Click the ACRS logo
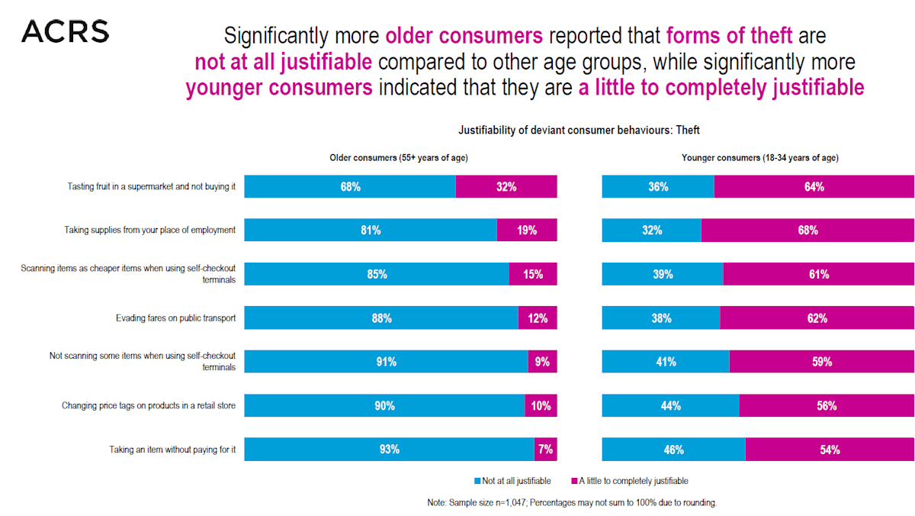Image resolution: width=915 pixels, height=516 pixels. pos(65,31)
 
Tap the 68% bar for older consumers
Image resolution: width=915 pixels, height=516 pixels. pos(350,186)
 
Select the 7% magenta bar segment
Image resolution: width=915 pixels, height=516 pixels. pos(545,450)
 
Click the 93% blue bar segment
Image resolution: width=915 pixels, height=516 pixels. pos(389,450)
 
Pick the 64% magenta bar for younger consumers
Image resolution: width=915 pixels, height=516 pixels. pos(814,186)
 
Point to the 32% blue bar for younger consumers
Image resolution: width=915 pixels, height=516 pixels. pos(651,230)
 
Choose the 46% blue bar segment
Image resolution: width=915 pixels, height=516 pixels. pos(673,450)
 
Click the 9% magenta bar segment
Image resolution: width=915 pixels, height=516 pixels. pos(542,362)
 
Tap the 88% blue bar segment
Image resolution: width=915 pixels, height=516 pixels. pos(381,318)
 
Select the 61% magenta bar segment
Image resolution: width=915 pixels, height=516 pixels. pos(818,274)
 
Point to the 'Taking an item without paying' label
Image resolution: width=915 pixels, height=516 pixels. pos(172,450)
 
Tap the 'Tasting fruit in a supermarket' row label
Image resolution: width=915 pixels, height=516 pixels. pos(151,186)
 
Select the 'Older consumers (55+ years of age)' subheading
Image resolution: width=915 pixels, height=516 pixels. pos(398,158)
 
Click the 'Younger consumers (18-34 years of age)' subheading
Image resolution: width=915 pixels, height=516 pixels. pos(759,158)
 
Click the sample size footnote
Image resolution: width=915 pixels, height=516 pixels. pos(573,503)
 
